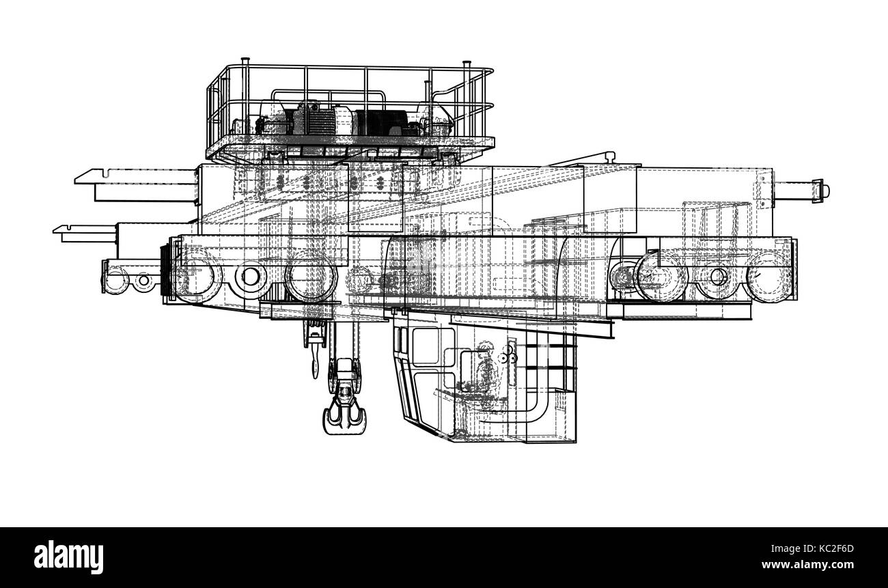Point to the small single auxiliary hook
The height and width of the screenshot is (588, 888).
tap(314, 356)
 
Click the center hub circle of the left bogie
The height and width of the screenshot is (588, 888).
tap(251, 277)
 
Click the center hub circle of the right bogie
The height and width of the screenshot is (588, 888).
tap(717, 277)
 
